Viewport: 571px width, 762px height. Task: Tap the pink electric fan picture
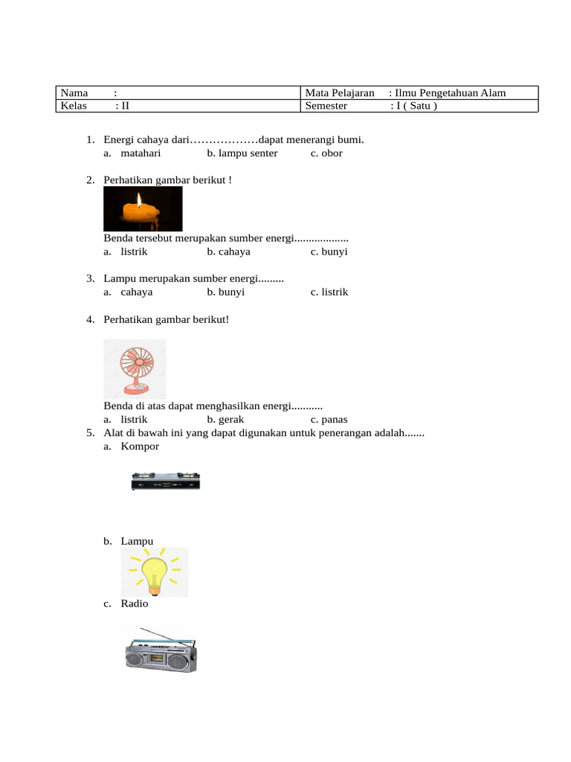(135, 368)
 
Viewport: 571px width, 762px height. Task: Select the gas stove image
(165, 481)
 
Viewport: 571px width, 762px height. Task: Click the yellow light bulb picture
(155, 572)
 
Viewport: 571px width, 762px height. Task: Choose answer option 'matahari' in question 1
(141, 153)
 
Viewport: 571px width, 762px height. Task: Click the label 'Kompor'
(140, 446)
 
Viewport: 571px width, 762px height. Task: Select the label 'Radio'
(135, 603)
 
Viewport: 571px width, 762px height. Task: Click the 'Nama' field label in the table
(74, 93)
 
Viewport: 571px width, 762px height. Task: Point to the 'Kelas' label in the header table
(74, 106)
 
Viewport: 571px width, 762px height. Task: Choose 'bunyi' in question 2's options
(335, 252)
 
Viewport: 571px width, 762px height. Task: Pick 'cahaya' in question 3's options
(137, 292)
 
